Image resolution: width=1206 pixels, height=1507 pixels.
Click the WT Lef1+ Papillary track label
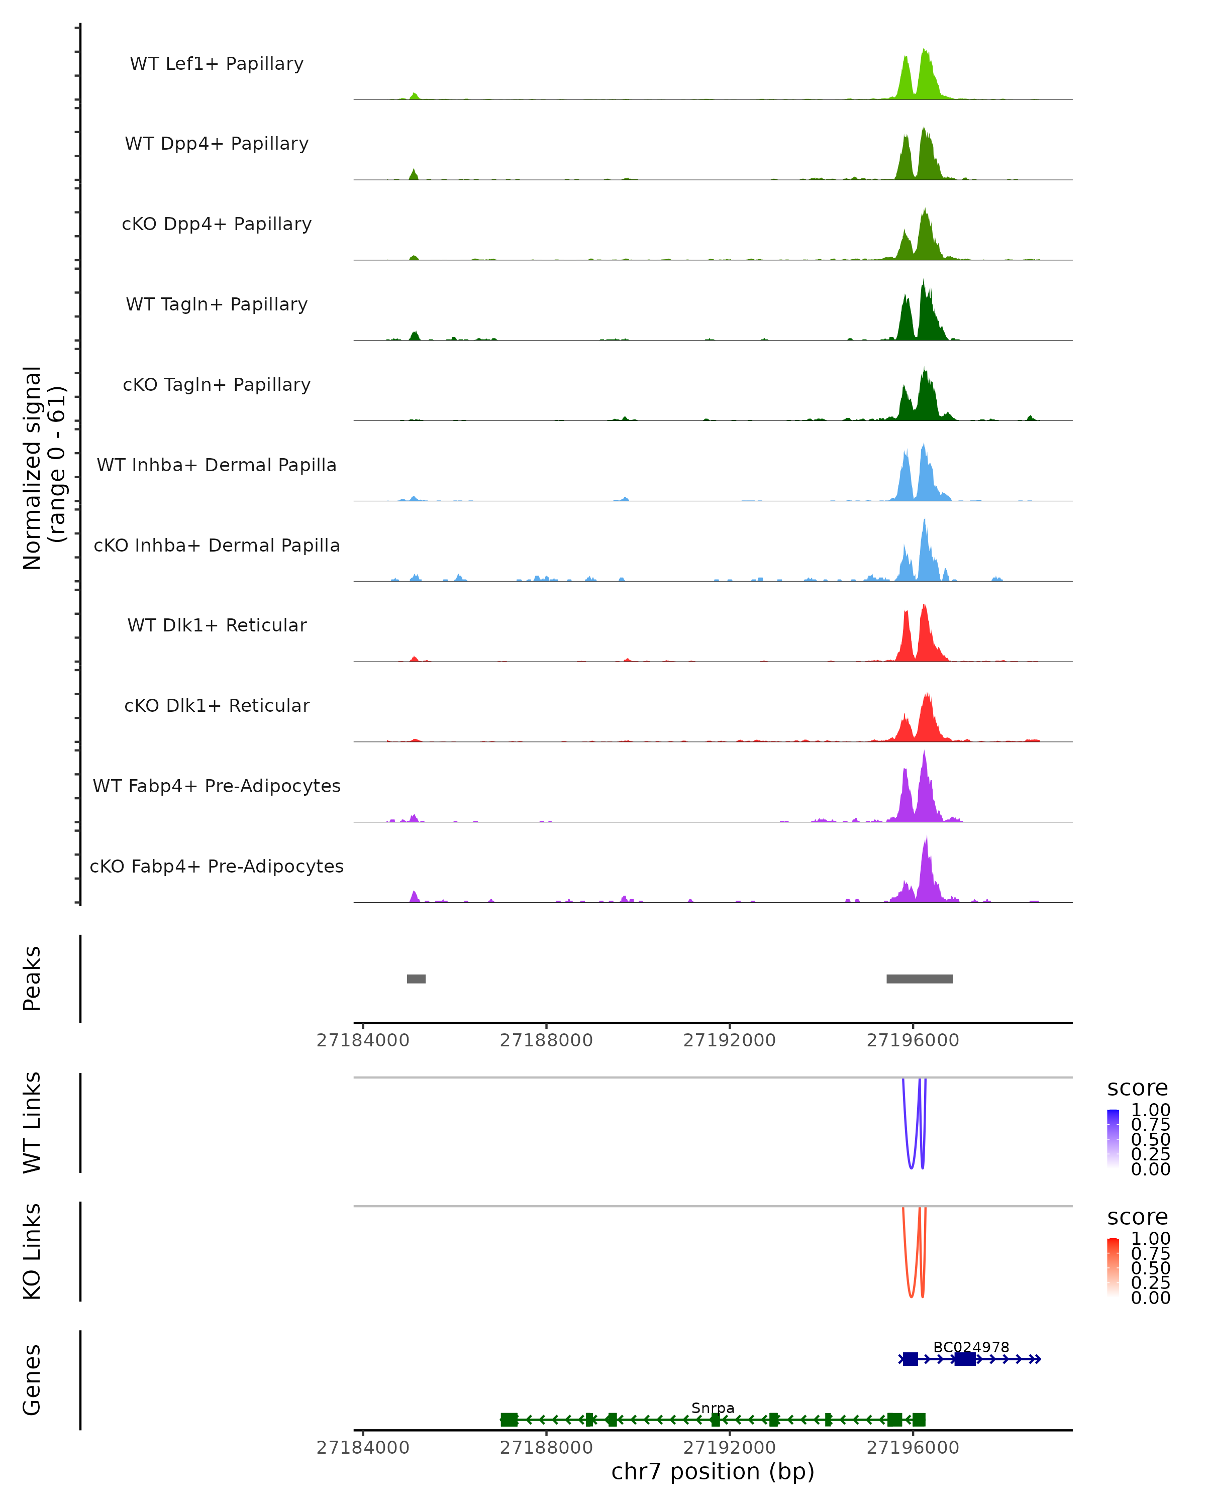[217, 64]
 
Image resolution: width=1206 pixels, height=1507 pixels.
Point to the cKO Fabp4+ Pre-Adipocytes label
[217, 866]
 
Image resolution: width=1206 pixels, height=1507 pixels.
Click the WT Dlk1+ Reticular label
[217, 625]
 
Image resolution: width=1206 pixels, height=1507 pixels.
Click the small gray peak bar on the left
[416, 979]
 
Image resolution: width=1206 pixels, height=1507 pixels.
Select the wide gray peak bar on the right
[920, 979]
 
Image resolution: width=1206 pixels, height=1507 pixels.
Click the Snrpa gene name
[713, 1408]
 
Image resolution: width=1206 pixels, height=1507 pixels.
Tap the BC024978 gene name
[971, 1347]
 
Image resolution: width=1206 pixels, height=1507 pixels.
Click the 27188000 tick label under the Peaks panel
[546, 1040]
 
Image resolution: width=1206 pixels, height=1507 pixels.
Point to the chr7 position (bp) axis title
[713, 1471]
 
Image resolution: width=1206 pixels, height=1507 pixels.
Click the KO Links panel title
[32, 1251]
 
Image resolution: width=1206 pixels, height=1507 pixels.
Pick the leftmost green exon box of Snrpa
[509, 1420]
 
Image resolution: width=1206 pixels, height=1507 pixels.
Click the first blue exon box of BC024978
[910, 1359]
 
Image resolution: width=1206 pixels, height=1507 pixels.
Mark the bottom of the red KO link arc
[911, 1298]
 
